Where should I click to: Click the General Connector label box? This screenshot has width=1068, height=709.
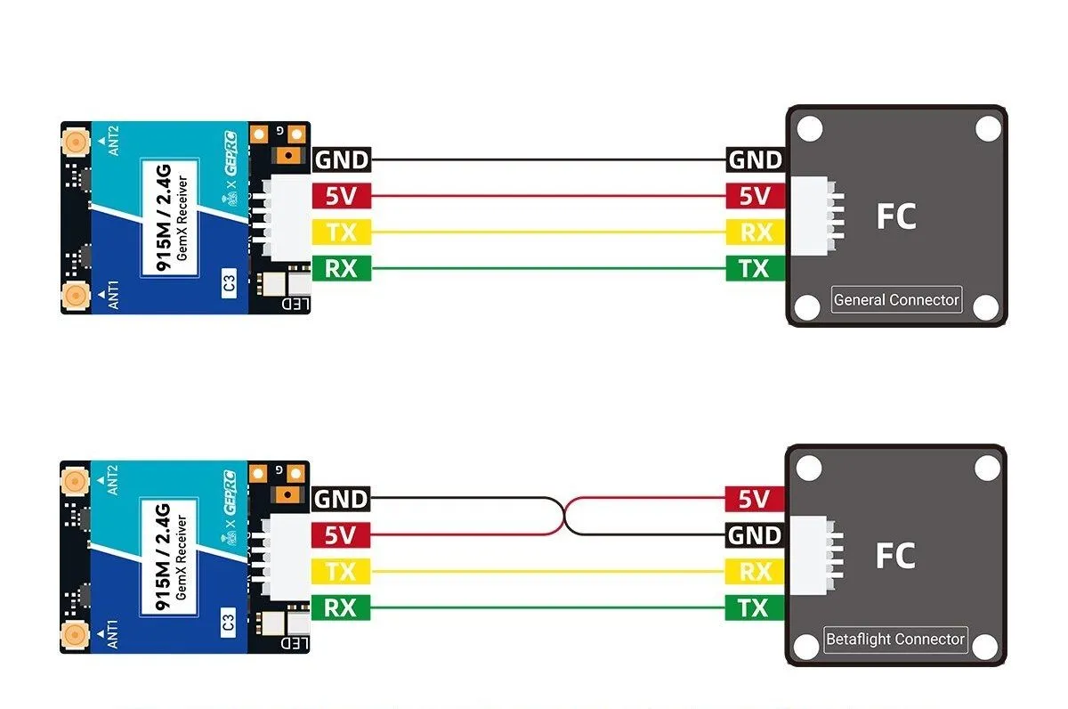pyautogui.click(x=896, y=299)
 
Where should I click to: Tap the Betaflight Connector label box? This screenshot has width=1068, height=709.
pyautogui.click(x=894, y=639)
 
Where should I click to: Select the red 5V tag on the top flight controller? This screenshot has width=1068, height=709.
pyautogui.click(x=754, y=196)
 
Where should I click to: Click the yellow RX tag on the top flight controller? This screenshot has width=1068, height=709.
pyautogui.click(x=754, y=232)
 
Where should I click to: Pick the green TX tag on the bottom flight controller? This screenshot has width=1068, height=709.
pyautogui.click(x=754, y=608)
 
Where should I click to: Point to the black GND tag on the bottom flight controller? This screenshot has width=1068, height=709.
pyautogui.click(x=754, y=535)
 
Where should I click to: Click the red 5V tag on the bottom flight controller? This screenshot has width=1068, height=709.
pyautogui.click(x=754, y=499)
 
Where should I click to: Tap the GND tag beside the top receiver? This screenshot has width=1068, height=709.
pyautogui.click(x=341, y=160)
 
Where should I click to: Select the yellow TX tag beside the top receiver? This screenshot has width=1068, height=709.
pyautogui.click(x=341, y=232)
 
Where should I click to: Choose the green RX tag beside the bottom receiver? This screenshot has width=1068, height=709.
pyautogui.click(x=341, y=608)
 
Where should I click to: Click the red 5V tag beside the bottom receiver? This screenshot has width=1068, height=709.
pyautogui.click(x=341, y=535)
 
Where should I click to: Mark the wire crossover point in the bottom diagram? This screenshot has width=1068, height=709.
pyautogui.click(x=563, y=517)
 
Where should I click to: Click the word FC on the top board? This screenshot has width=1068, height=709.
pyautogui.click(x=895, y=216)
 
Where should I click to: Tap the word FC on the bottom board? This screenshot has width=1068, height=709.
pyautogui.click(x=895, y=556)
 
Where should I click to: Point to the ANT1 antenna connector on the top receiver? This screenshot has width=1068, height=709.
pyautogui.click(x=75, y=295)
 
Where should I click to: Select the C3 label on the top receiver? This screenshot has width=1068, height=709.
pyautogui.click(x=229, y=284)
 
